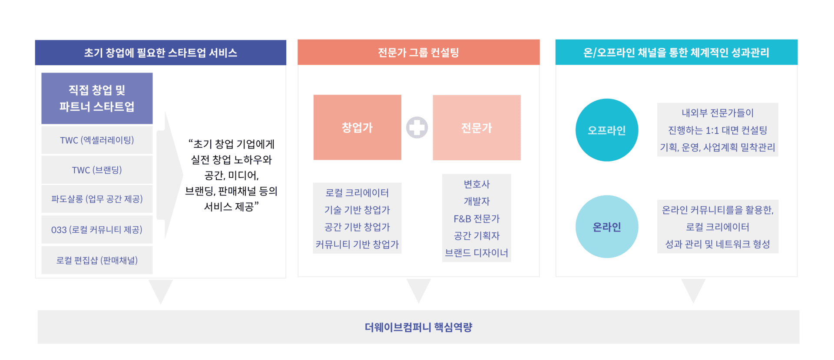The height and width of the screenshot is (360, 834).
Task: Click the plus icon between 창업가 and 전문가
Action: (x=417, y=128)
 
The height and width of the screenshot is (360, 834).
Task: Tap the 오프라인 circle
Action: (x=607, y=130)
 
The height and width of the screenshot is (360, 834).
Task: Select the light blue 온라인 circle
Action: (x=607, y=227)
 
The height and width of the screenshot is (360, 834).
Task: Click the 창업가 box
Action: (x=357, y=127)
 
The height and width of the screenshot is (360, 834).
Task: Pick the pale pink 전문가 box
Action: (x=477, y=128)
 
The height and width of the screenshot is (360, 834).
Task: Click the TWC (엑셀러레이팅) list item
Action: (x=97, y=140)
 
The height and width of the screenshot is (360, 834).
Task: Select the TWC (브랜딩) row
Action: (x=97, y=170)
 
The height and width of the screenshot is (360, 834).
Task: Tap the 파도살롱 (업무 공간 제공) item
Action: (x=97, y=199)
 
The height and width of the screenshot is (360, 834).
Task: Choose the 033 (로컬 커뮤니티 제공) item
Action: (x=97, y=230)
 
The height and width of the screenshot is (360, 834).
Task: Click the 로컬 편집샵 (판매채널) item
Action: (x=97, y=260)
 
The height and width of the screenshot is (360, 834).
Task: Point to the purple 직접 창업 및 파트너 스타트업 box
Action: (x=97, y=98)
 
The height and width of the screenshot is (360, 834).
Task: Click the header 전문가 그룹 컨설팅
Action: (x=418, y=53)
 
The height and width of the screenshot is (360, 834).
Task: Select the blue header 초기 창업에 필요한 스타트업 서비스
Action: (x=160, y=53)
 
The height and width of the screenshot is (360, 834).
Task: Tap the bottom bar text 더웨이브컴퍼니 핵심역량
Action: (x=418, y=327)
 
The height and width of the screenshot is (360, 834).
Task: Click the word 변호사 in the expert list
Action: (x=477, y=184)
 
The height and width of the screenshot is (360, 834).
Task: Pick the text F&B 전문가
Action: (x=477, y=218)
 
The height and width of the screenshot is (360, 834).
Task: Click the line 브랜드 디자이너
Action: (x=477, y=253)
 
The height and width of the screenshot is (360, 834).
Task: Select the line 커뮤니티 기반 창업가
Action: (x=357, y=244)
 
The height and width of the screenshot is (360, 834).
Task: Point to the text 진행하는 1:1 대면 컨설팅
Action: (x=718, y=130)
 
